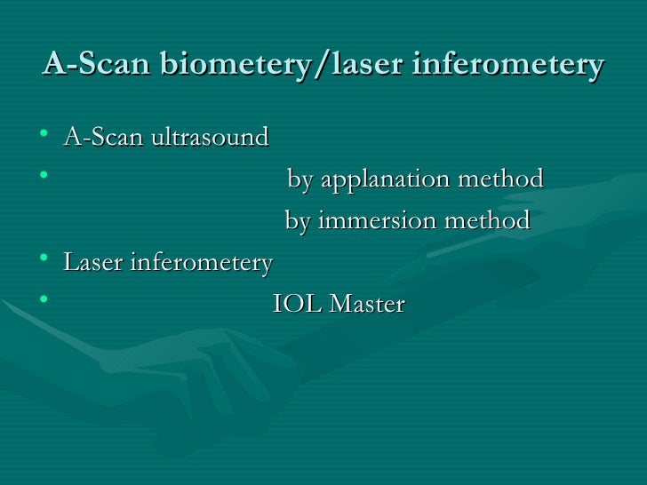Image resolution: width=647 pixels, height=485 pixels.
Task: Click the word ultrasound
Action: point(213,138)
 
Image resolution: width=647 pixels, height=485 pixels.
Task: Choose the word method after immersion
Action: point(490,220)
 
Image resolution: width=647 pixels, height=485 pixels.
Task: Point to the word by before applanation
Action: point(300,180)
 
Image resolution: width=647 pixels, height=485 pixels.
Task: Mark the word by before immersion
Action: point(297,221)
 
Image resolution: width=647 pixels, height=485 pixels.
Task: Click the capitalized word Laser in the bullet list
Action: point(93,263)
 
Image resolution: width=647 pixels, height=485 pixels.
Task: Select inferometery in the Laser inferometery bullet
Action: point(202,263)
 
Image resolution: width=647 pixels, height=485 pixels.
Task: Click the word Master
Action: point(367,305)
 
